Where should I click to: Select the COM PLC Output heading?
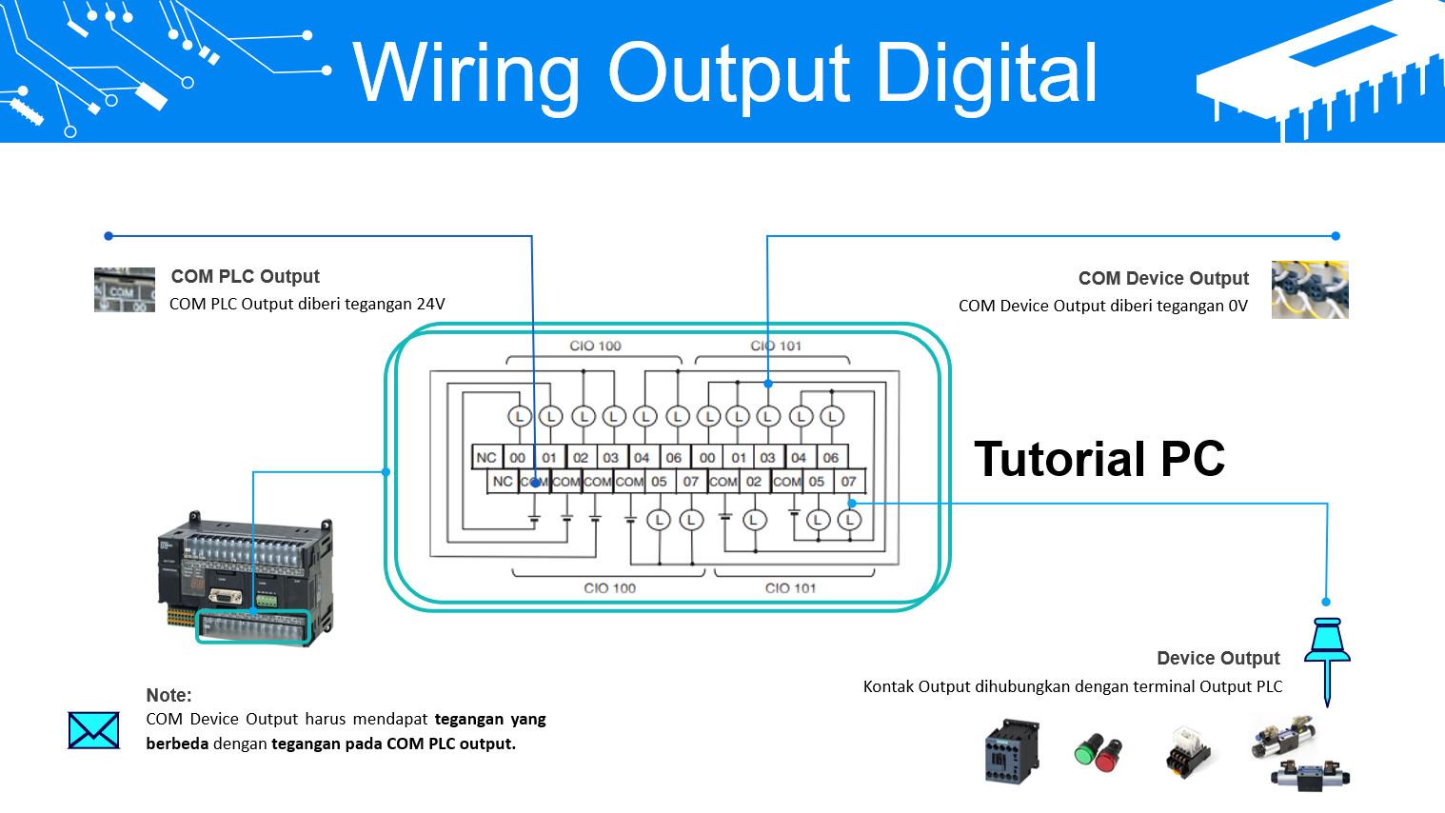(245, 276)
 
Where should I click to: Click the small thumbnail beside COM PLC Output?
(124, 289)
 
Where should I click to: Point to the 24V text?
(430, 304)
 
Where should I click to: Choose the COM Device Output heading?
(1162, 278)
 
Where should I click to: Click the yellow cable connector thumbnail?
(1310, 289)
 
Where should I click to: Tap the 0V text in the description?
(1237, 306)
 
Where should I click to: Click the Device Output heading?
(1217, 658)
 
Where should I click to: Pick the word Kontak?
(888, 686)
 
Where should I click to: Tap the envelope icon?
(94, 730)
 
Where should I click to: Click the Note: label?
(168, 695)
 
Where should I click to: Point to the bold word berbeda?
(177, 744)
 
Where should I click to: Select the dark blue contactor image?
(1011, 751)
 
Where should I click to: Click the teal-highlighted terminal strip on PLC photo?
(253, 627)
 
